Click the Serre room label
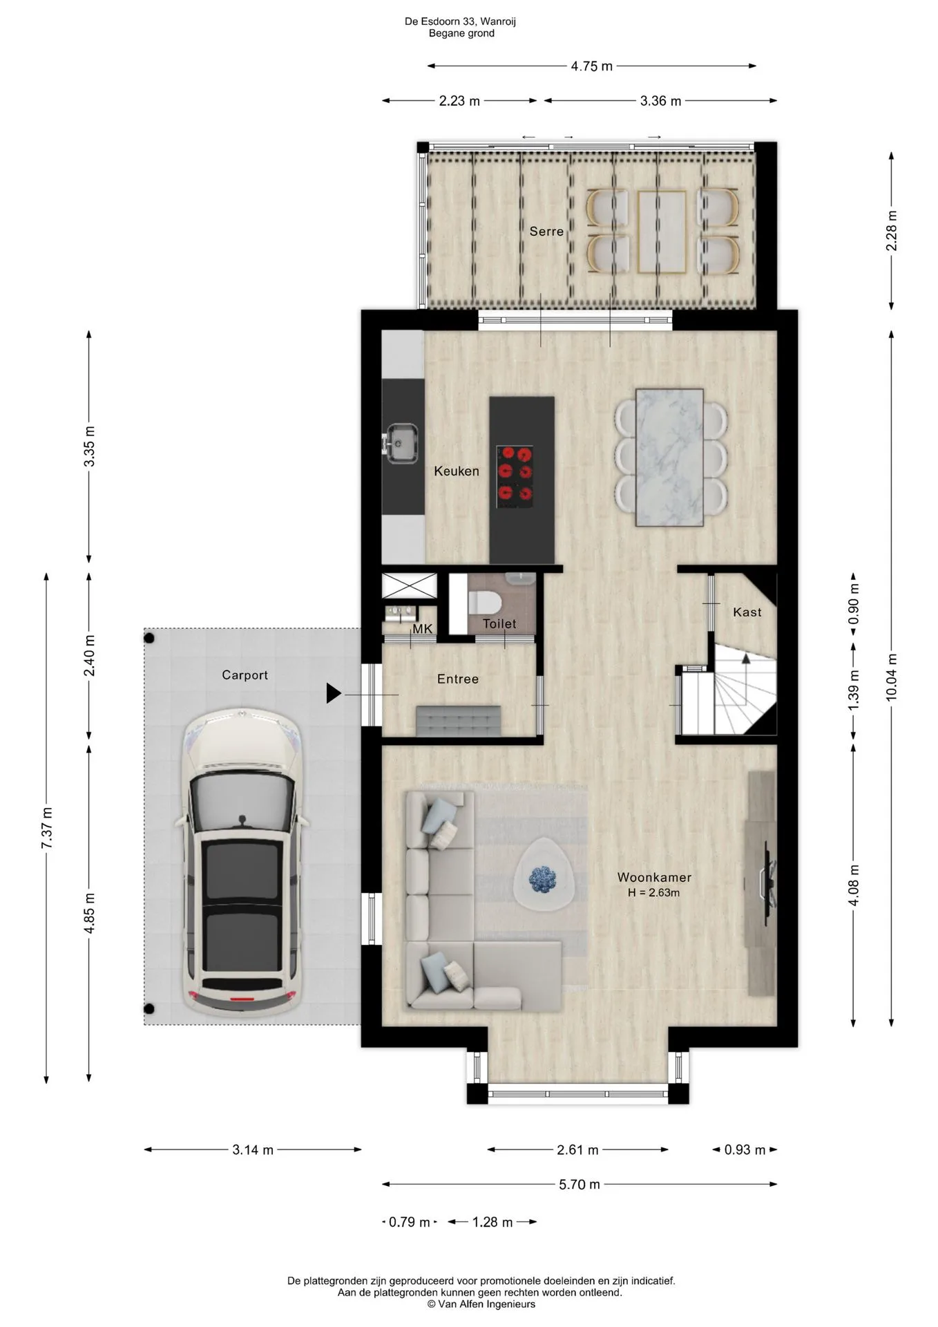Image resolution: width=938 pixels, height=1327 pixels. (x=546, y=232)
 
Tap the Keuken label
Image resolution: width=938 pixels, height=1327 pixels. (x=457, y=471)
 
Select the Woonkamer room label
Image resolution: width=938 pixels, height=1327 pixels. (x=654, y=877)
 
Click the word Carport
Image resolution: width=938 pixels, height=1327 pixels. (x=245, y=675)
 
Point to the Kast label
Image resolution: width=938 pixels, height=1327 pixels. (x=747, y=612)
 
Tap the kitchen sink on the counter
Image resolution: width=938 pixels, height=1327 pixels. (x=402, y=443)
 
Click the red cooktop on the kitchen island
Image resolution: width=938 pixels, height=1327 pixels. (x=516, y=474)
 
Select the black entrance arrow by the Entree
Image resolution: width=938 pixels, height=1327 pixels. (x=334, y=693)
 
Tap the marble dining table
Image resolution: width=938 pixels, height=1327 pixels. (x=669, y=457)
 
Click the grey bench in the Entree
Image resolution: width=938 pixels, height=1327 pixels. (x=459, y=721)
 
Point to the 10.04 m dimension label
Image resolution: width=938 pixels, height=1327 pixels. (x=892, y=678)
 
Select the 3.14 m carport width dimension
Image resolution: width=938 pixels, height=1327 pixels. (x=253, y=1149)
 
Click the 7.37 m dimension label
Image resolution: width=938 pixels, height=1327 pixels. (x=47, y=828)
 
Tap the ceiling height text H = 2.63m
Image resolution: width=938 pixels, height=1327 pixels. (x=653, y=893)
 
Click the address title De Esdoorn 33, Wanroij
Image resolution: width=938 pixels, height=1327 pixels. (x=460, y=21)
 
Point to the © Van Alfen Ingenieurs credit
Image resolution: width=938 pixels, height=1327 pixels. (x=481, y=1304)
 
